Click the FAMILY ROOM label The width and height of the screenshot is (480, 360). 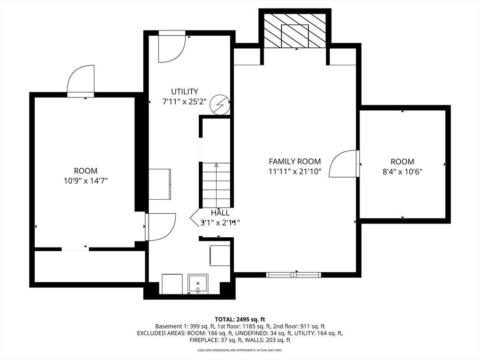point(295,161)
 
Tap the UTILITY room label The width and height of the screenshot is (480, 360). point(184,91)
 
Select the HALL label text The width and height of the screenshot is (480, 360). point(220,213)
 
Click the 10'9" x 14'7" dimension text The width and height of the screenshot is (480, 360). point(86,181)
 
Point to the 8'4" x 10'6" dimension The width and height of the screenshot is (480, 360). point(402,172)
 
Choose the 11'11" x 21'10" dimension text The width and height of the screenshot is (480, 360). point(295,172)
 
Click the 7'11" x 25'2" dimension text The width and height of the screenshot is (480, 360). point(184,102)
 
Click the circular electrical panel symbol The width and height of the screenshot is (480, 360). point(220,105)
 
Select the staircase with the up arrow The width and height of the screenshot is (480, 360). point(216,185)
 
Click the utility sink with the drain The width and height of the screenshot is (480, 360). point(198,284)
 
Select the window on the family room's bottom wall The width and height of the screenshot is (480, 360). point(293,275)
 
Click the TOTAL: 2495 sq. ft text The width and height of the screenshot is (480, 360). point(240,320)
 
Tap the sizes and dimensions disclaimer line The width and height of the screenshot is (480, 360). point(240,350)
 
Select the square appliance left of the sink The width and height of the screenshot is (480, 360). point(172,284)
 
